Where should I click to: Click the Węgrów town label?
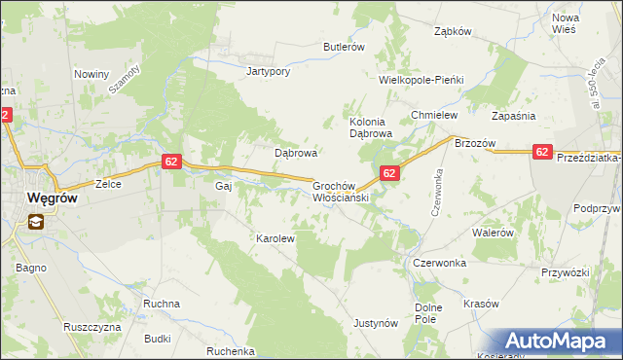(x=45, y=198)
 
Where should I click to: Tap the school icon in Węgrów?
(x=35, y=222)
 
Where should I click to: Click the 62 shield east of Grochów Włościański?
(x=388, y=173)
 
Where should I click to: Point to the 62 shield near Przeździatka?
(x=543, y=151)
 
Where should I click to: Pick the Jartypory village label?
(x=270, y=71)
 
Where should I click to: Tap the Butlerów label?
(x=344, y=47)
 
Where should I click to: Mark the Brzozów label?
(x=475, y=143)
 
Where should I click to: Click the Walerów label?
(x=492, y=234)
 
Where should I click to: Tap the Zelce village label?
(x=106, y=183)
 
